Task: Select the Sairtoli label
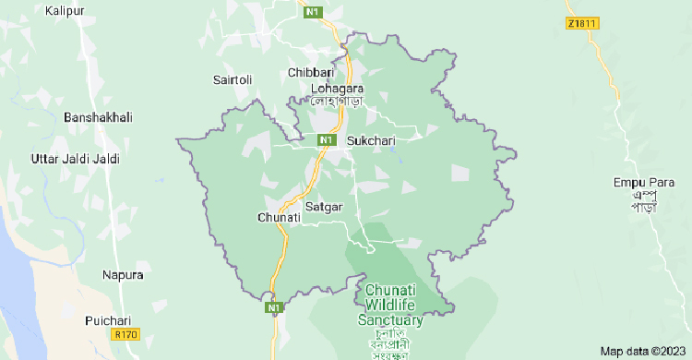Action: [233, 80]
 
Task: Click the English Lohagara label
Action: [337, 88]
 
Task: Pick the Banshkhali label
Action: [98, 117]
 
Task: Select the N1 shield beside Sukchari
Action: [326, 139]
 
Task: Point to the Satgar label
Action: [324, 207]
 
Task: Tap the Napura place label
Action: [123, 275]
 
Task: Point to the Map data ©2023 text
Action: [644, 351]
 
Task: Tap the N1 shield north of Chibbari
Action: [314, 12]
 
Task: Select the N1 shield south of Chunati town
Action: [273, 307]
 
